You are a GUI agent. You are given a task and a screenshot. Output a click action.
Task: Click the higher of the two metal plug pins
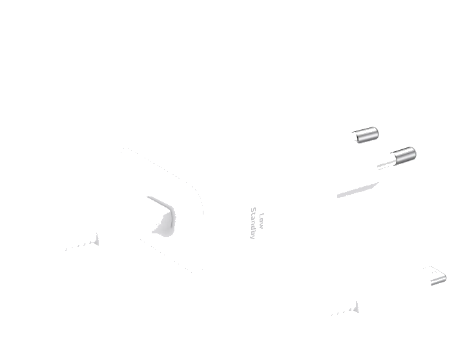click(366, 135)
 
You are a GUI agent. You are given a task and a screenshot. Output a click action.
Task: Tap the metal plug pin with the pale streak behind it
click(404, 156)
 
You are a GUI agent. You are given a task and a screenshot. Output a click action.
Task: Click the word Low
click(261, 221)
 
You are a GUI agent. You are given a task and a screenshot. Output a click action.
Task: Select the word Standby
click(253, 223)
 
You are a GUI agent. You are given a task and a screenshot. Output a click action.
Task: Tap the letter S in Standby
click(253, 209)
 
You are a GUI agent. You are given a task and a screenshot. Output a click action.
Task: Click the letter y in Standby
click(253, 237)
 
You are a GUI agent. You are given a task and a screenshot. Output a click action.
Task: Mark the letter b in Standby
click(253, 233)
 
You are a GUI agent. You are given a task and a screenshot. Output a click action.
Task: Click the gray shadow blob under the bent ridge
click(163, 226)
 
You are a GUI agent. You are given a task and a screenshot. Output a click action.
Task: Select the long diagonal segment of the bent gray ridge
click(160, 202)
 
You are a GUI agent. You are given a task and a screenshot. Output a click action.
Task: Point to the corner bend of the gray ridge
click(172, 209)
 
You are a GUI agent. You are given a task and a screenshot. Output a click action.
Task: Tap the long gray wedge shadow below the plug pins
click(358, 190)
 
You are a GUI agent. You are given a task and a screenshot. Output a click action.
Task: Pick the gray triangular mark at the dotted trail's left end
click(96, 240)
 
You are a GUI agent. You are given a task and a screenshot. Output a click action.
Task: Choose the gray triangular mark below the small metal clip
click(356, 308)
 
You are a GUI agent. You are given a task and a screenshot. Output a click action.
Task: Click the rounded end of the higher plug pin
click(375, 133)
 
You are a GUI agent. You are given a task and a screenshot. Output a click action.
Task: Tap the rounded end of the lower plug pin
click(413, 154)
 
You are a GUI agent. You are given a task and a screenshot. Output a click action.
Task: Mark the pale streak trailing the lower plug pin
click(386, 164)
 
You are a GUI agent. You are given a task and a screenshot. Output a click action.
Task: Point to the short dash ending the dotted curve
click(203, 213)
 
